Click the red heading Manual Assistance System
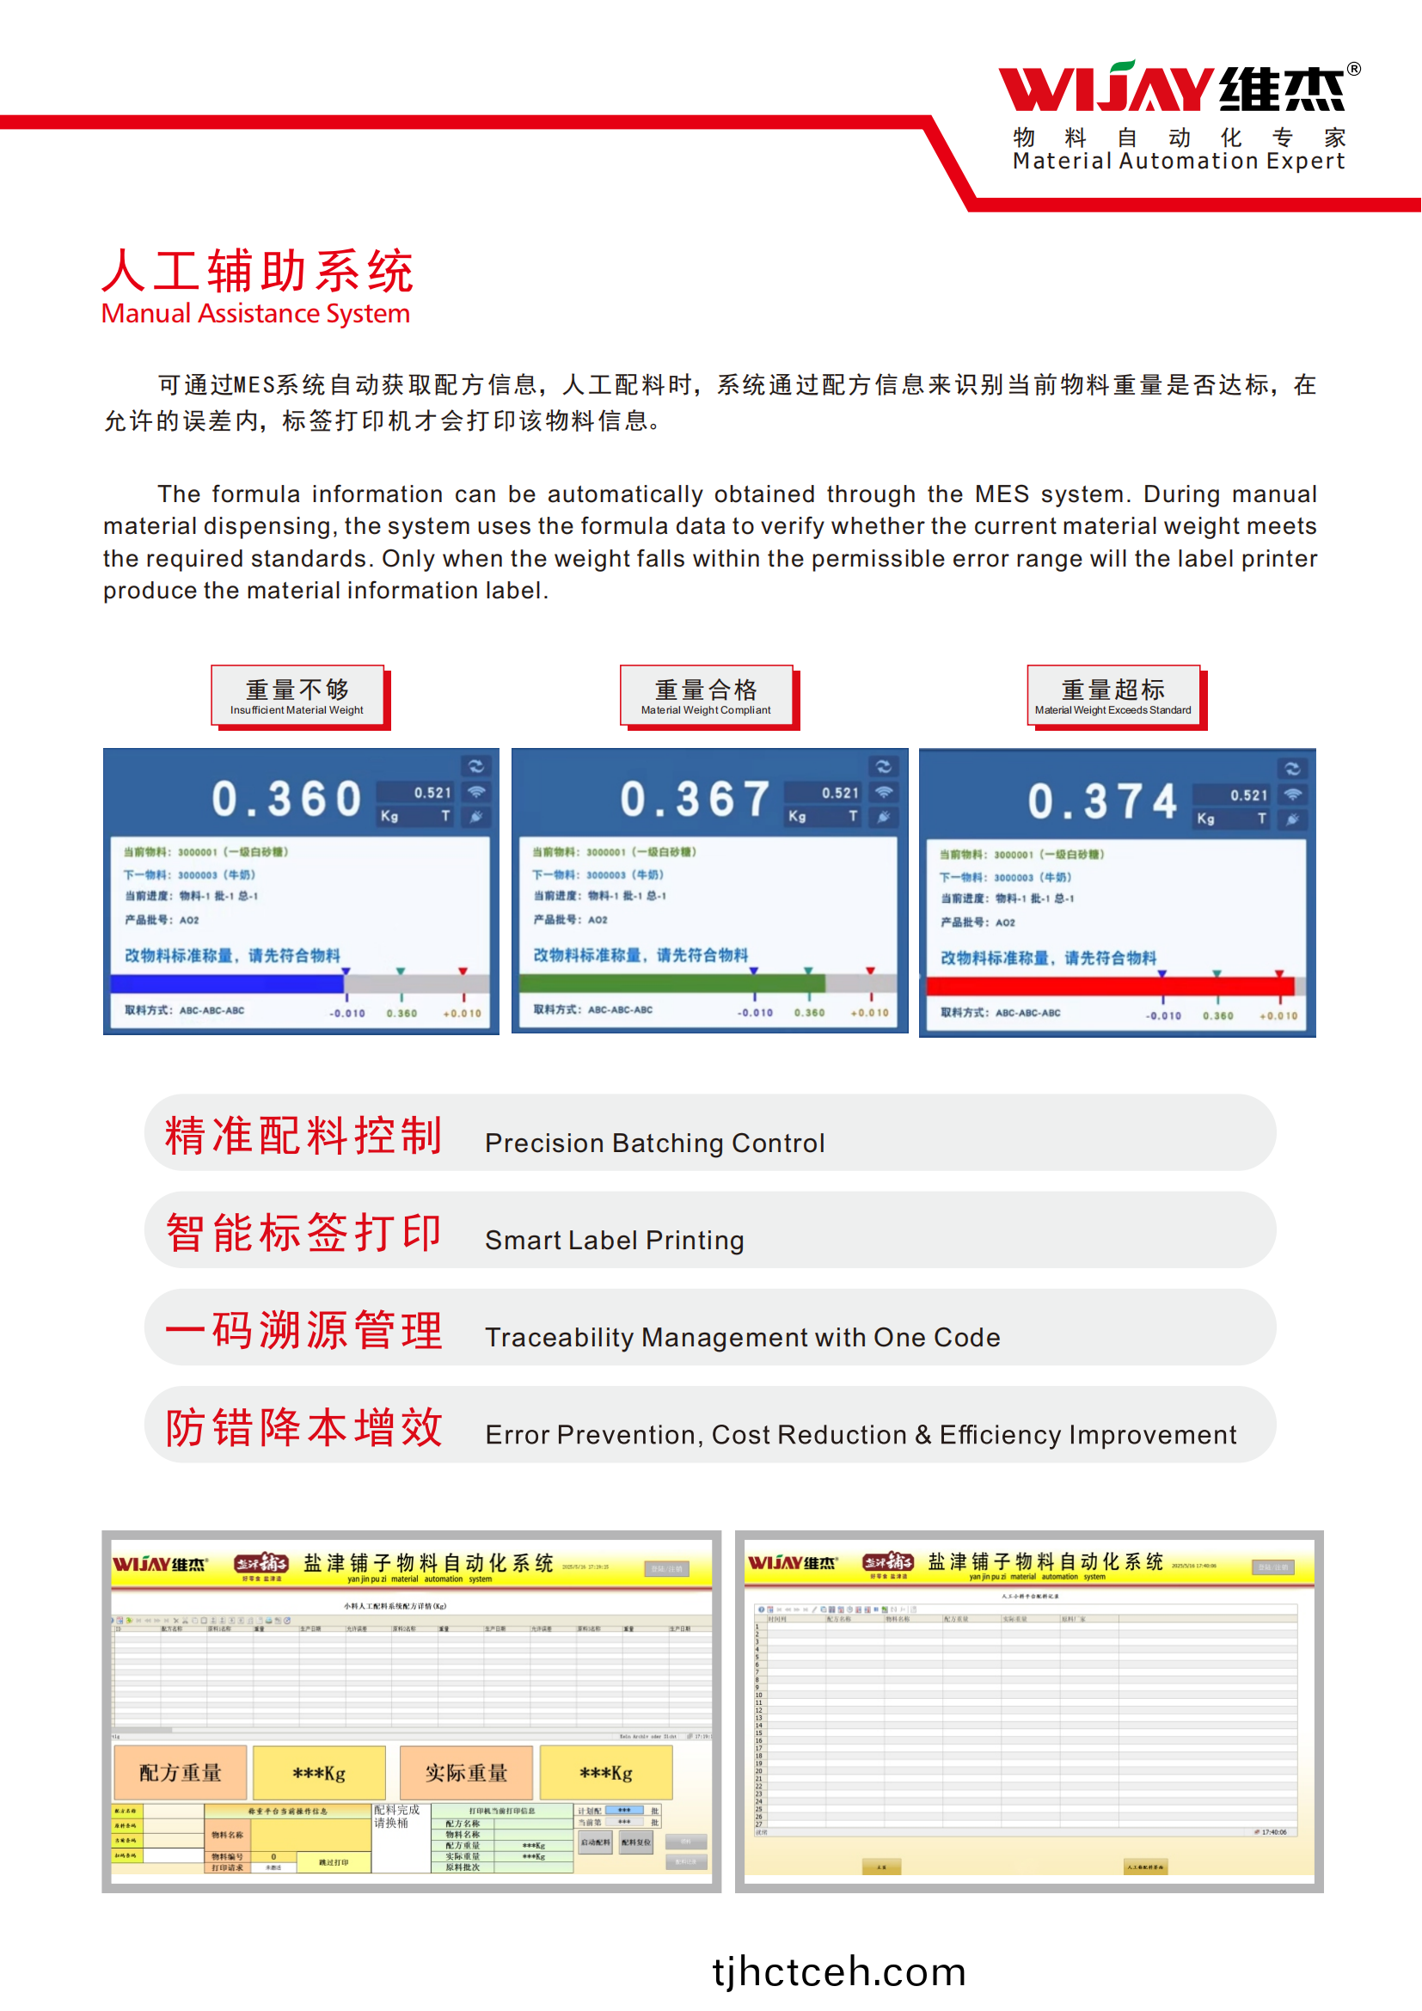pos(255,314)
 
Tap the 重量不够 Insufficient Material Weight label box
pos(297,696)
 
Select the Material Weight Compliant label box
pos(706,696)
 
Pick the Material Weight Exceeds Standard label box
pos(1112,696)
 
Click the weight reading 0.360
pos(287,799)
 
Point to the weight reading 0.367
pos(696,799)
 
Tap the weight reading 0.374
pos(1102,801)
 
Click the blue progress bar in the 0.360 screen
pos(228,984)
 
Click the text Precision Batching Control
pos(655,1143)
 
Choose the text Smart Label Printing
pos(615,1241)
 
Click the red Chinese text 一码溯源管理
pos(303,1329)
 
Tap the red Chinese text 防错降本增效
pos(303,1427)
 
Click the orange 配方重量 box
pos(181,1773)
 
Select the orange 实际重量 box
pos(466,1773)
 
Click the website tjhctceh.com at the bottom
pos(839,1971)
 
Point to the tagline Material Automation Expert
pos(1179,161)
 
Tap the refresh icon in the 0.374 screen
pos(1292,769)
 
